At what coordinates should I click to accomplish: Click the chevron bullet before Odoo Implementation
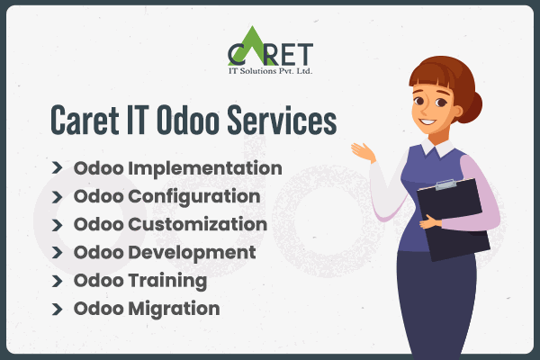coord(58,168)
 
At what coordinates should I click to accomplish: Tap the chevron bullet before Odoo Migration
coord(58,308)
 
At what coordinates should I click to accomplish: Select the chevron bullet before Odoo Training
coord(58,280)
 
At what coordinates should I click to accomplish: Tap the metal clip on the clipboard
coord(447,185)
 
